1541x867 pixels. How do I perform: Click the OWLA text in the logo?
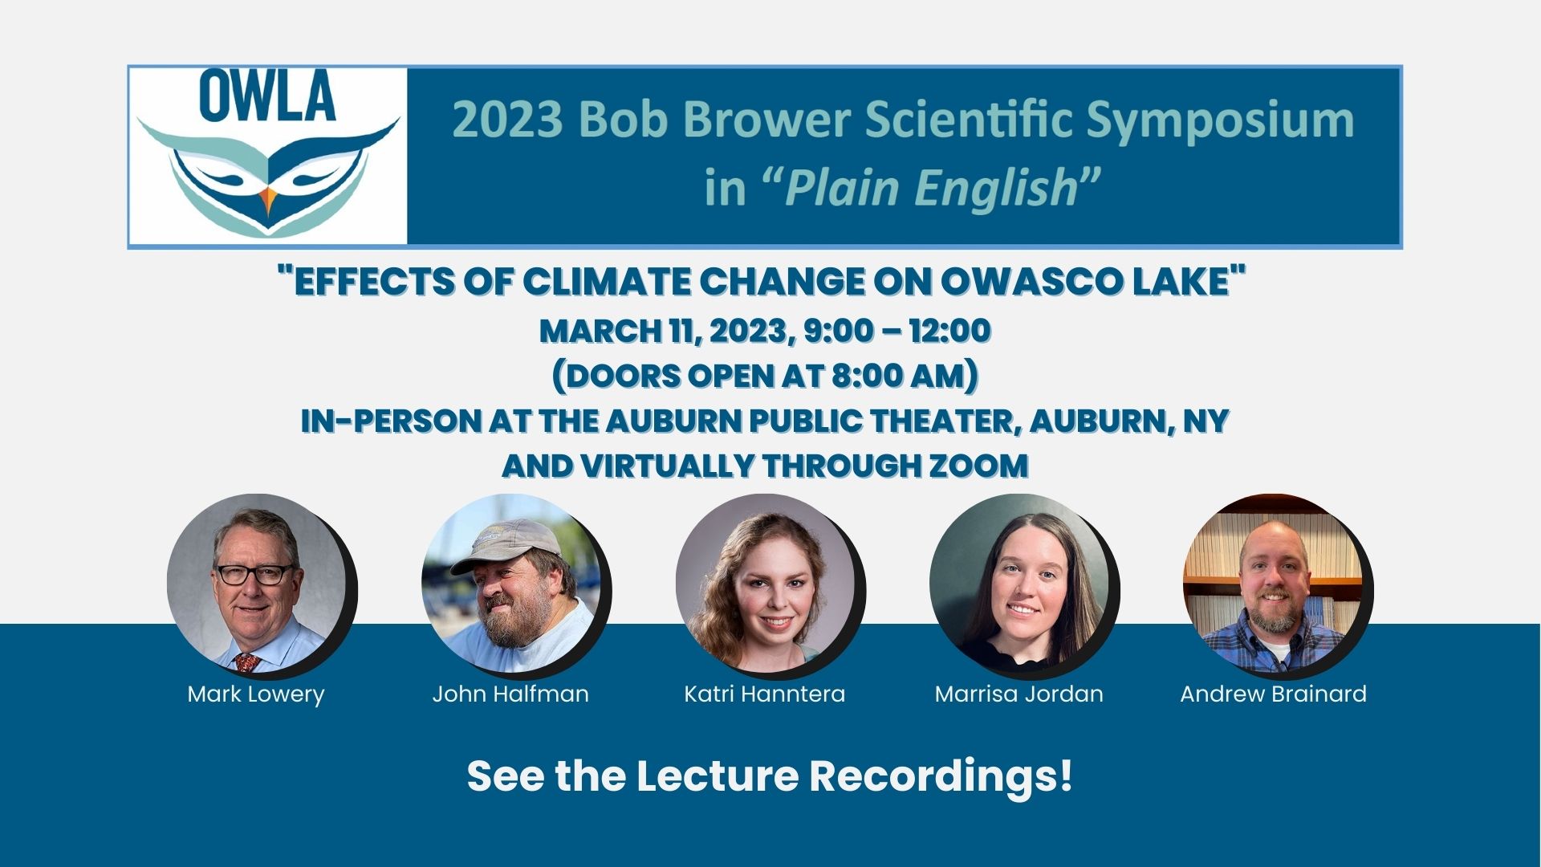pos(267,96)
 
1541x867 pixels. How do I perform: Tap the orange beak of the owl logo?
pos(268,199)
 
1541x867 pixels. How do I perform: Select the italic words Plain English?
pos(931,188)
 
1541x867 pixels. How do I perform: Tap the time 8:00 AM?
pos(901,376)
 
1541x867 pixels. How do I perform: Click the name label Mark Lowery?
pos(256,694)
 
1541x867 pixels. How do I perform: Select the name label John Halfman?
pos(510,694)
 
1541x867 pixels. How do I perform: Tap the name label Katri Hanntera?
pos(764,694)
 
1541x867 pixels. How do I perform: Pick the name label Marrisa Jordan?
pos(1019,694)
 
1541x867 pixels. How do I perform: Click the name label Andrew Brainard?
pos(1273,694)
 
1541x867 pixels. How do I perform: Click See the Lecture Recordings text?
pos(770,776)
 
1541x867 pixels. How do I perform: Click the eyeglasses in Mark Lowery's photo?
pos(253,574)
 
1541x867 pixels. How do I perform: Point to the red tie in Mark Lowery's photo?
pos(246,662)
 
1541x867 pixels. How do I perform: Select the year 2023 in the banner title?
pos(507,120)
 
